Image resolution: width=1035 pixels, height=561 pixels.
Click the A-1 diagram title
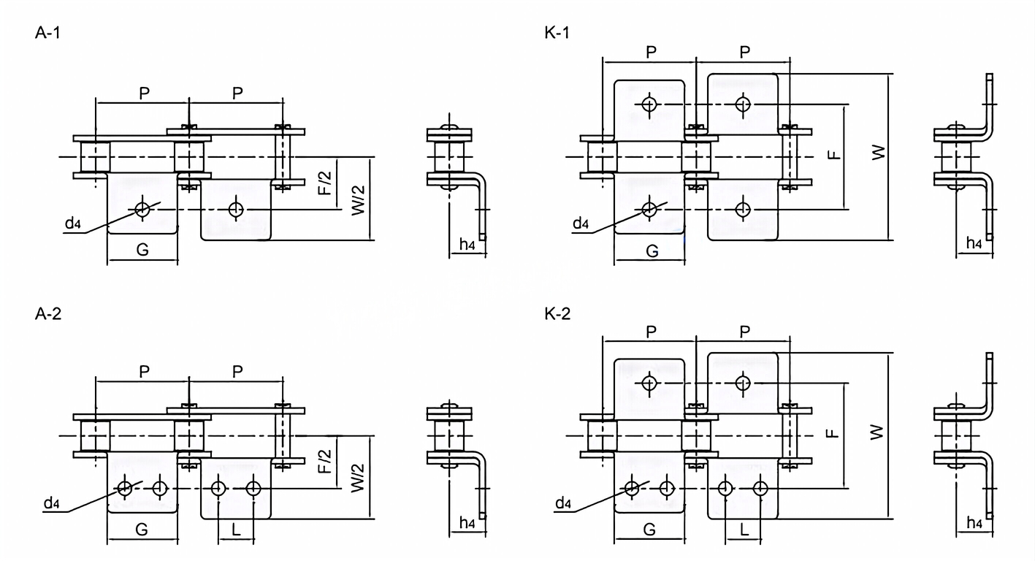47,34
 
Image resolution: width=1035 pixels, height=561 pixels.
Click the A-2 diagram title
48,315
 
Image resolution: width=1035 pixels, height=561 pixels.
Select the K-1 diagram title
557,34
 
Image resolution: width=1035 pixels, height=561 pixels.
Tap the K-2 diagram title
558,315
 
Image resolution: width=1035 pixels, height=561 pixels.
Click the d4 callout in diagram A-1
72,224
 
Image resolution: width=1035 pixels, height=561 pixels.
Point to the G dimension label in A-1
143,251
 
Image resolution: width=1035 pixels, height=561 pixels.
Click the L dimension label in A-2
235,530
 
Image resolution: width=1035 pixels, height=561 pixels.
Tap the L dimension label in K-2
744,530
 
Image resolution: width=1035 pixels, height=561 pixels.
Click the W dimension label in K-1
879,153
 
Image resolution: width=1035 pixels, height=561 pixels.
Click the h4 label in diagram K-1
974,243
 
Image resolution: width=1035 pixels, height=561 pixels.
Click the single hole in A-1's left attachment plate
142,210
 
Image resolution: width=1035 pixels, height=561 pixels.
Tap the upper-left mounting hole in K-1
649,104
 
